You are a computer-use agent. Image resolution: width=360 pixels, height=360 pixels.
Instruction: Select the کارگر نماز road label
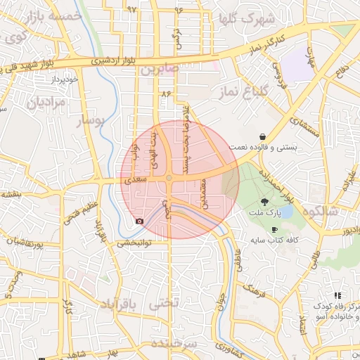[x=265, y=45]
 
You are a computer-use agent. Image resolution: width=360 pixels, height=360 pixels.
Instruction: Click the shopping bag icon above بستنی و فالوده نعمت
[x=262, y=136]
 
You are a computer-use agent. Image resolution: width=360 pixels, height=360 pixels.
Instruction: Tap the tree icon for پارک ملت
[x=273, y=200]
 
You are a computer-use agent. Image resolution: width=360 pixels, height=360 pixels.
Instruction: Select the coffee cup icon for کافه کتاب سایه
[x=274, y=229]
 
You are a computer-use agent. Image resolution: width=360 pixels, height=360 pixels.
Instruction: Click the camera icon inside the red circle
[x=139, y=221]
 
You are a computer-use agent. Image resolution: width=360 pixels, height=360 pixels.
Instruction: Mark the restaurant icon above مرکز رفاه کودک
[x=337, y=296]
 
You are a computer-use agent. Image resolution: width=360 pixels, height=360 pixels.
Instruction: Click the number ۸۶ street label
[x=166, y=93]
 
